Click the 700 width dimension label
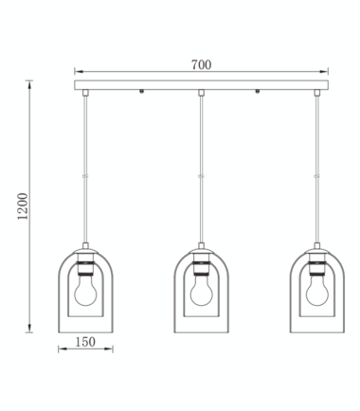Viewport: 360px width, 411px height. coord(201,64)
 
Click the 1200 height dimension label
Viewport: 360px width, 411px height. coord(23,206)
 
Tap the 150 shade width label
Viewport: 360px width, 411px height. coord(85,342)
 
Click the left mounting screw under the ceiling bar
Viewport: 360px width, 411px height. coord(142,92)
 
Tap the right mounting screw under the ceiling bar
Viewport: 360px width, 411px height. coord(258,92)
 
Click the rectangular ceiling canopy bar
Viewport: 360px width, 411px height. coord(201,85)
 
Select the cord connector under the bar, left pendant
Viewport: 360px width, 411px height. coord(85,93)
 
